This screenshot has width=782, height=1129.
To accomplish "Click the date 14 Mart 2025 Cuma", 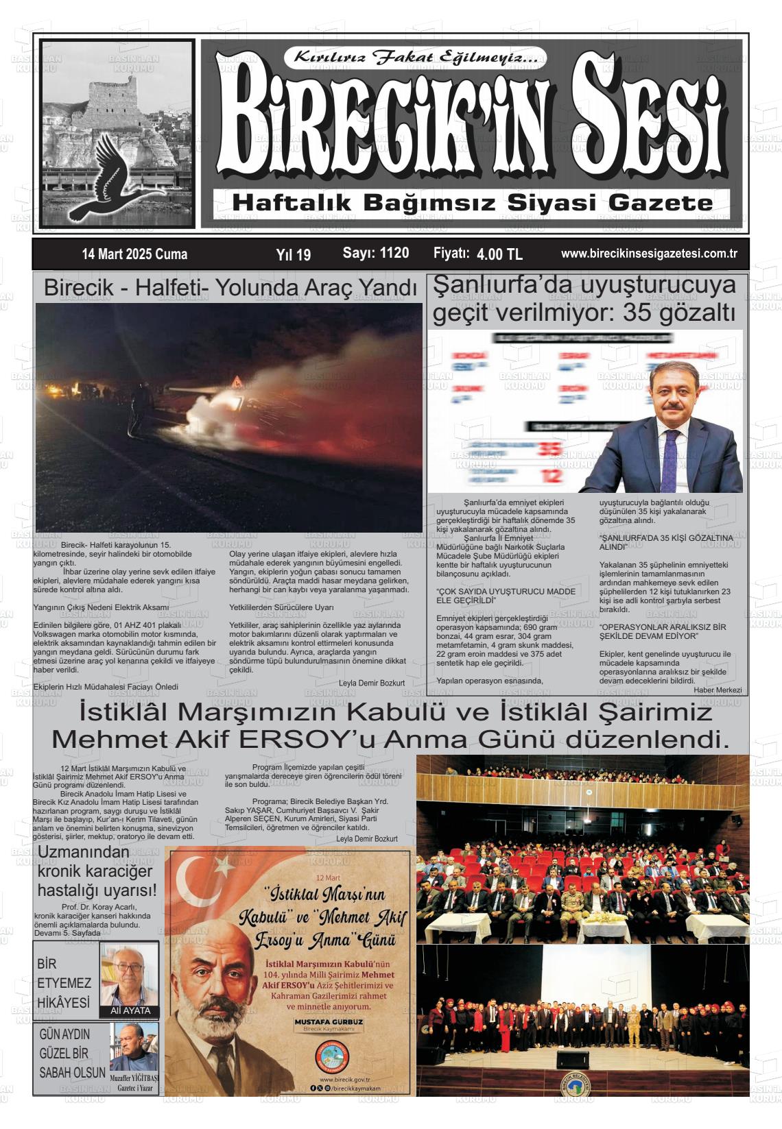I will click(x=134, y=254).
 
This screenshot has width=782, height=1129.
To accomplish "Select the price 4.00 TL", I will click(x=499, y=254).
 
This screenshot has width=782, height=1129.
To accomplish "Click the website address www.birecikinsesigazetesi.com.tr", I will click(x=648, y=254).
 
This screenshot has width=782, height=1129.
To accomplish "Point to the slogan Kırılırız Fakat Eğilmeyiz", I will click(x=420, y=58).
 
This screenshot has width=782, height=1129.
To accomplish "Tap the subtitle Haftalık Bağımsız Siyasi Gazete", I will click(x=473, y=203).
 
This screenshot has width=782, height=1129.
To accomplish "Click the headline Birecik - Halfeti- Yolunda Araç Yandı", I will click(x=230, y=289).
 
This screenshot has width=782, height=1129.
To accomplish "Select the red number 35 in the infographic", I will click(x=548, y=450).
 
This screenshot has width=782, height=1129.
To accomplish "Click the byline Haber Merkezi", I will click(x=718, y=690).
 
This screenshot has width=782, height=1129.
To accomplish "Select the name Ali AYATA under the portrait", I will click(x=130, y=1010).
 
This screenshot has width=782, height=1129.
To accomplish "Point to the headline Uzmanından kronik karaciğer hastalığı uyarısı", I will click(x=96, y=871).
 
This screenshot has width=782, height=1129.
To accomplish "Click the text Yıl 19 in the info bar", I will click(x=293, y=255).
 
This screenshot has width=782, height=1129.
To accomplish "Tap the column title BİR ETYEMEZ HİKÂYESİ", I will click(x=64, y=983).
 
